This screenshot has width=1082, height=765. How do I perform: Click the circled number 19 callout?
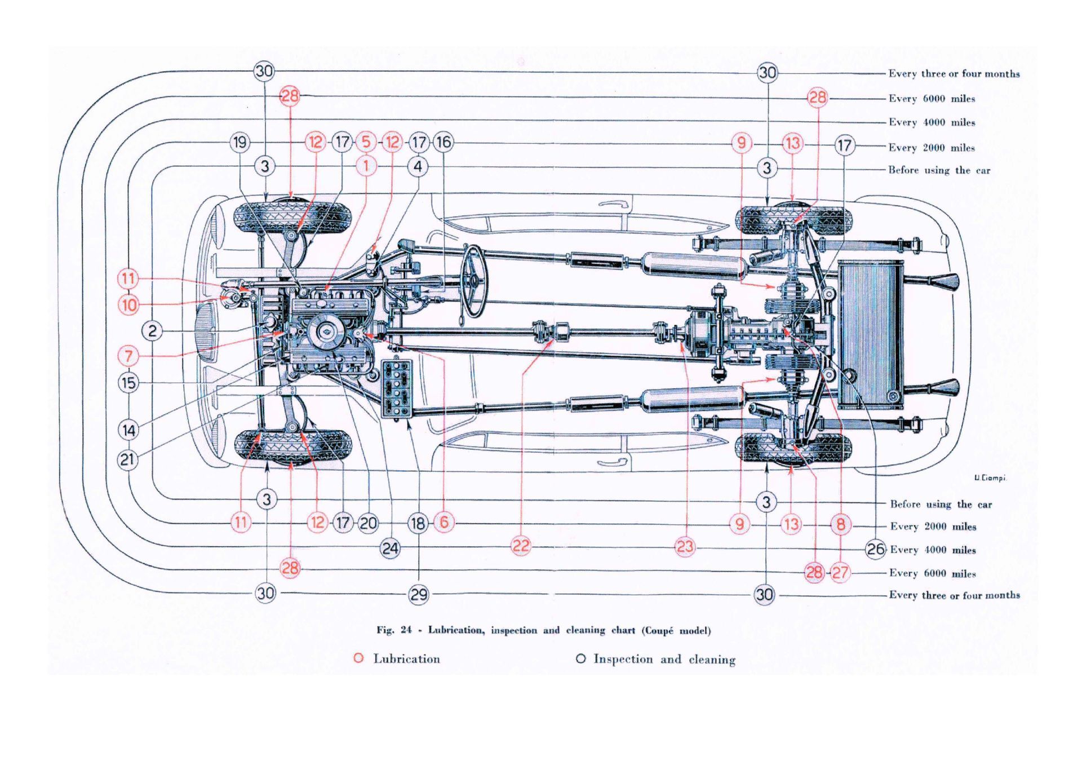coord(240,142)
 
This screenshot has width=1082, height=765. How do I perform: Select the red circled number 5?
coord(366,141)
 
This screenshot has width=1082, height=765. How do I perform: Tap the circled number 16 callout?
coord(444,142)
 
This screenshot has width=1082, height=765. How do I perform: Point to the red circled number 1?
coord(366,166)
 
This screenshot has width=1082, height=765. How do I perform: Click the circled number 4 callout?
coord(418,166)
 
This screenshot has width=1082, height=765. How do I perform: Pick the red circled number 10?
coord(128,305)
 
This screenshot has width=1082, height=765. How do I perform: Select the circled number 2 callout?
coord(152,330)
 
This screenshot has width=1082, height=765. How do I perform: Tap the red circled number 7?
coord(128,356)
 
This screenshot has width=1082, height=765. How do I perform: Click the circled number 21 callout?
coord(128,459)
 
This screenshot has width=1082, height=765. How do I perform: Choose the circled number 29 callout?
coord(418,594)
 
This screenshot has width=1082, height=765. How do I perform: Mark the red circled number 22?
coord(521,546)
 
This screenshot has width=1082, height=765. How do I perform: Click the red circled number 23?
coord(685,546)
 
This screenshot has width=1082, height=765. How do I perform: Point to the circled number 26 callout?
coord(875,549)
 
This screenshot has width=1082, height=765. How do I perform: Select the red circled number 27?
coord(840,573)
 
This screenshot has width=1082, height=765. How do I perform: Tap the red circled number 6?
coord(444,522)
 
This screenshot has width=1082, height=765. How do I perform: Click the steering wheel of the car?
coord(473,281)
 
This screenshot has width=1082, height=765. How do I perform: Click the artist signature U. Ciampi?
coord(990,478)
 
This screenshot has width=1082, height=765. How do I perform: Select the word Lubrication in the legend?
coord(406,658)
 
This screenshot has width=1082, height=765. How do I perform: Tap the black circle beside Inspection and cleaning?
coord(580,658)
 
